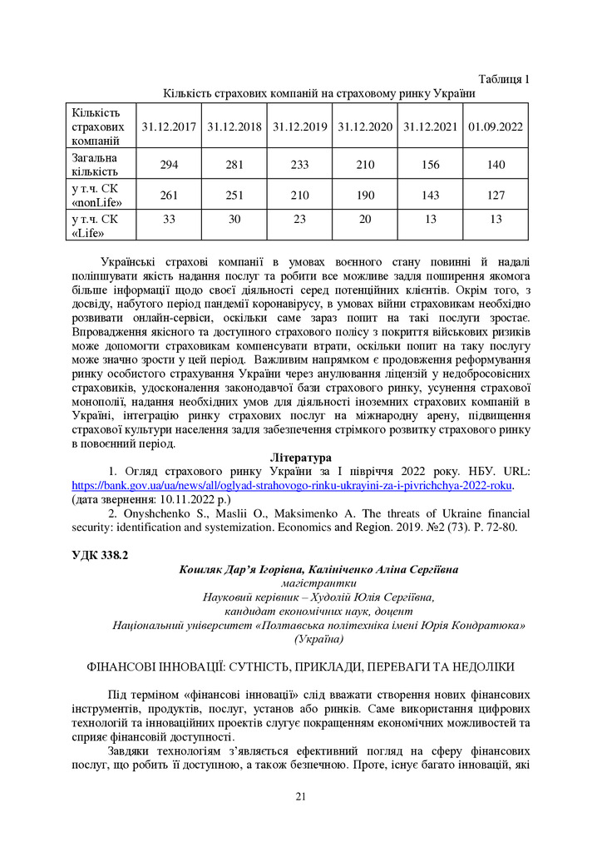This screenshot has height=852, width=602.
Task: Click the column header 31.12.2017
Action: (169, 127)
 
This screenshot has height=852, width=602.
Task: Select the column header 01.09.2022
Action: (496, 127)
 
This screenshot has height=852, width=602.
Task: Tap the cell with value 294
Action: (169, 165)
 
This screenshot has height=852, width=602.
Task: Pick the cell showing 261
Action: (169, 195)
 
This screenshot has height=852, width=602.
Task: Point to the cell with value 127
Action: (496, 195)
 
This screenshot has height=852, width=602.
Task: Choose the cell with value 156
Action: (431, 165)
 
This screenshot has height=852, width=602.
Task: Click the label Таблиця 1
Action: (504, 79)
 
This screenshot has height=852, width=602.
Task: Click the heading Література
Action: (301, 458)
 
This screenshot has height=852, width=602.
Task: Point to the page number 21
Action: (301, 797)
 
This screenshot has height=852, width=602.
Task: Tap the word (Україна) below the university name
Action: (318, 639)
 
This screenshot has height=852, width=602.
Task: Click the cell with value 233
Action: (299, 165)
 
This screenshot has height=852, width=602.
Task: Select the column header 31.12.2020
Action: (365, 127)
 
